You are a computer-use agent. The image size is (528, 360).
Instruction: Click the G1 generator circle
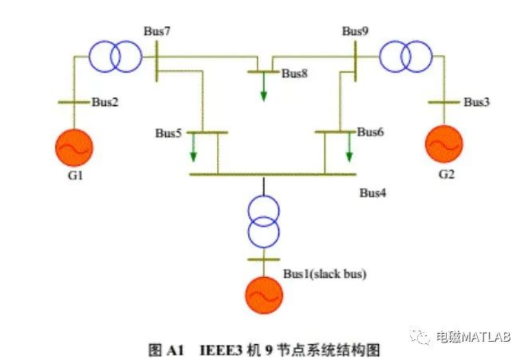click(x=75, y=147)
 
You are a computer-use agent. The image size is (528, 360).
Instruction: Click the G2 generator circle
click(x=444, y=144)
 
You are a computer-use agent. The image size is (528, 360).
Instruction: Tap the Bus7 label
click(x=157, y=31)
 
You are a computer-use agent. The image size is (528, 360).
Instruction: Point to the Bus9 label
click(x=355, y=31)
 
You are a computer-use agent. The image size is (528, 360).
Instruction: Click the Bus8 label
click(x=295, y=73)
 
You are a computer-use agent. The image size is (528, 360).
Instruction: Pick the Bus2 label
click(x=105, y=101)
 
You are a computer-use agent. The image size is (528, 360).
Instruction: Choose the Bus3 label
click(x=476, y=102)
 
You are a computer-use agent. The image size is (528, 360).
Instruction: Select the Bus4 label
click(x=373, y=192)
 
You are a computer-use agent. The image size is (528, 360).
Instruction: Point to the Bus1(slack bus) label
click(x=325, y=274)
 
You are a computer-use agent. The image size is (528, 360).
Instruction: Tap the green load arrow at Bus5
click(x=193, y=149)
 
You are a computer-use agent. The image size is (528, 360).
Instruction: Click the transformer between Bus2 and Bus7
click(x=115, y=56)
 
